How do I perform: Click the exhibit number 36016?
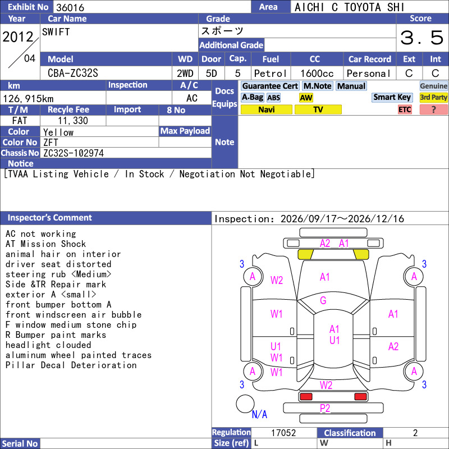[70, 7]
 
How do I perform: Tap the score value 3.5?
[421, 38]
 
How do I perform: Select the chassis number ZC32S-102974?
[74, 153]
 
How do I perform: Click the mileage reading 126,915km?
[29, 99]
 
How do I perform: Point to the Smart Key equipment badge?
[392, 97]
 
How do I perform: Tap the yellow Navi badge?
[266, 109]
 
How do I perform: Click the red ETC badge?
[405, 109]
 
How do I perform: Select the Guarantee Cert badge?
[270, 86]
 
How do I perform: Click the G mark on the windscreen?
[323, 300]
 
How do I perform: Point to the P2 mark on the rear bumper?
[325, 409]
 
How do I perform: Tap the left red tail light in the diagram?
[305, 397]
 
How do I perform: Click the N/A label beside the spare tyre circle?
[259, 414]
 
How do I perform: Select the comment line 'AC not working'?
[40, 234]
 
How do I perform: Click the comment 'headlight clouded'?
[48, 345]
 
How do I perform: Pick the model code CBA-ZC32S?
[73, 74]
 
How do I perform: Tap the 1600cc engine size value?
[317, 74]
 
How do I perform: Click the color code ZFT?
[51, 143]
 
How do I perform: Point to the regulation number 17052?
[283, 433]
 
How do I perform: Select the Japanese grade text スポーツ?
[222, 31]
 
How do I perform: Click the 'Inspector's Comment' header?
[50, 218]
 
